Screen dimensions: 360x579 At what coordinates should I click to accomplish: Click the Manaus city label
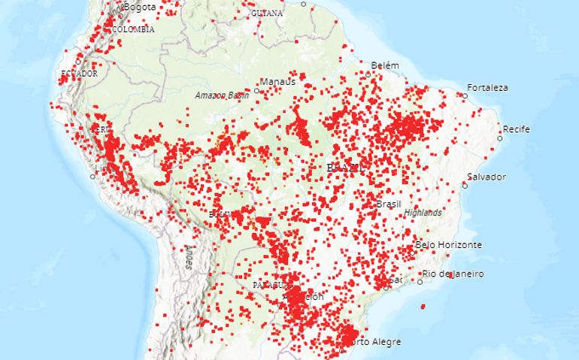point(277,81)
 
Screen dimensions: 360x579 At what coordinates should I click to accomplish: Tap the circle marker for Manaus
point(256,90)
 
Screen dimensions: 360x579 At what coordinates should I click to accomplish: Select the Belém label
point(384,65)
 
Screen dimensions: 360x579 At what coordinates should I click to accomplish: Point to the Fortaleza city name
point(487,87)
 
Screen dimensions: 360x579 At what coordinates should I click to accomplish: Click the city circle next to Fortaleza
point(465,96)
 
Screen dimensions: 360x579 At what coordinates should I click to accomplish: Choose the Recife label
point(517,129)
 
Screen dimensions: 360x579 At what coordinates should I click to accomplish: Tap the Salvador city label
point(486,177)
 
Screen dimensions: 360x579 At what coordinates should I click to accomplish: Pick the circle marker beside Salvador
point(465,185)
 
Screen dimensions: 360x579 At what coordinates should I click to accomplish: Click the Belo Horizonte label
point(449,245)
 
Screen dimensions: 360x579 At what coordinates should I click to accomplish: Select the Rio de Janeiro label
point(453,274)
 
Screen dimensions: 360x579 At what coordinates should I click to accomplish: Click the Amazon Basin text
point(222,95)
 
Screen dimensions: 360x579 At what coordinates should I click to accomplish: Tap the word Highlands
point(423,213)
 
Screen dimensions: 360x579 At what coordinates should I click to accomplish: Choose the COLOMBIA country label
point(133,29)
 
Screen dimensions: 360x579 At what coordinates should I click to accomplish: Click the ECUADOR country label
point(79,74)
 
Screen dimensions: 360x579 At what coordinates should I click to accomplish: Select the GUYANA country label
point(268,14)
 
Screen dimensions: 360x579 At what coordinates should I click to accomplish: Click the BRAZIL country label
point(346,168)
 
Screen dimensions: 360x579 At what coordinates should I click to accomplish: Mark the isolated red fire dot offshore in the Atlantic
point(423,306)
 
